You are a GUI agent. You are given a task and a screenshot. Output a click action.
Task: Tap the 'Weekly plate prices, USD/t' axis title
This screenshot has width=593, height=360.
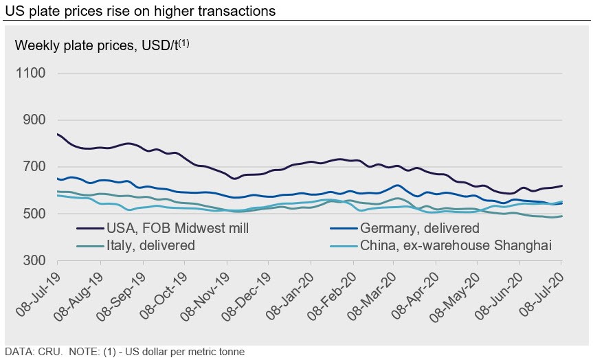click(x=96, y=46)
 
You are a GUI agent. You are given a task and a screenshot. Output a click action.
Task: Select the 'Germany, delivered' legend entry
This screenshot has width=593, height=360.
click(x=423, y=227)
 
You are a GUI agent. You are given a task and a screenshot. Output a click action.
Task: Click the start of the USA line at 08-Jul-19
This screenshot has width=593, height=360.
click(x=58, y=134)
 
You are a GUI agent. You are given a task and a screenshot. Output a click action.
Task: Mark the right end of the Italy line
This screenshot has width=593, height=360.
click(x=562, y=216)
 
